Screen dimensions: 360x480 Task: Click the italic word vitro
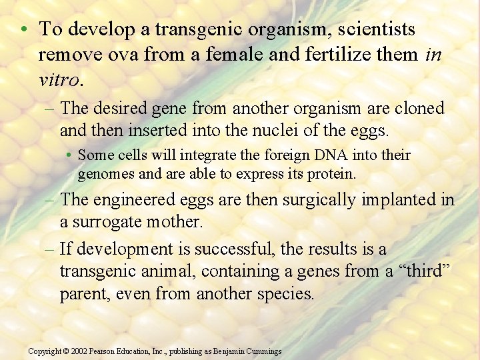[x=59, y=80]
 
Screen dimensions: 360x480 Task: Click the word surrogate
[x=109, y=221]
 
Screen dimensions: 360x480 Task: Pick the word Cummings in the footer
[x=263, y=351]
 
